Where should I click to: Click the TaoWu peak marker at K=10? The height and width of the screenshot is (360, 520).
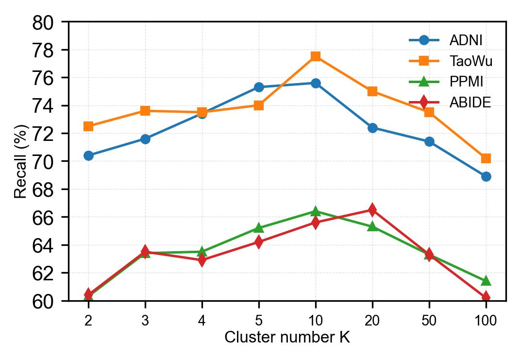(316, 56)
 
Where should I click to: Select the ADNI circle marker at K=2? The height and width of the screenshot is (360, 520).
(88, 155)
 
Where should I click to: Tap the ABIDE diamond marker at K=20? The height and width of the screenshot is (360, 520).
(372, 210)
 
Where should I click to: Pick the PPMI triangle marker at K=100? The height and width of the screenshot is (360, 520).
(486, 281)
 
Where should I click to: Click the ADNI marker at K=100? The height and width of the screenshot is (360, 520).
(486, 176)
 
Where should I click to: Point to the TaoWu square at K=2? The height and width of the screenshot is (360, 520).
(88, 126)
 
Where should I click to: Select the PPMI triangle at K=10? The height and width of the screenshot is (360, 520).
(316, 211)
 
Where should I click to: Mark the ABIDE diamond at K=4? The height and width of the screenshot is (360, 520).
(202, 260)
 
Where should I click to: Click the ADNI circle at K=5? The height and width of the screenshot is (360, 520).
(259, 87)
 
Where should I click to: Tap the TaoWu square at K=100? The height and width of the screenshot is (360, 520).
(486, 158)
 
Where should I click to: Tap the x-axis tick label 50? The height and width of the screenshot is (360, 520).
(429, 321)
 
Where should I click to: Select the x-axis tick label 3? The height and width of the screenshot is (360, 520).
(145, 321)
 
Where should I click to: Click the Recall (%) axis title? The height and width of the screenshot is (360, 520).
(20, 161)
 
